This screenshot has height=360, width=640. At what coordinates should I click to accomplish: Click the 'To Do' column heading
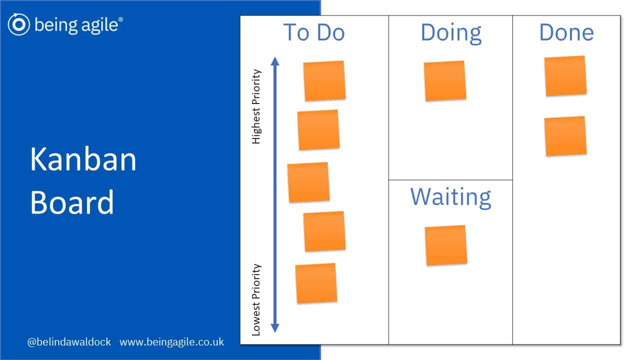tap(314, 32)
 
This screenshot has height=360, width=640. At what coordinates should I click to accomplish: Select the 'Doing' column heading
tap(451, 33)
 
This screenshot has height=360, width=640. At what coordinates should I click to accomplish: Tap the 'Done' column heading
tap(566, 32)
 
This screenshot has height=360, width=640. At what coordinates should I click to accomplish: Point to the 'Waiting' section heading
tap(450, 197)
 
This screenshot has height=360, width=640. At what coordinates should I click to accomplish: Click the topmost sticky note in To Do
tap(324, 80)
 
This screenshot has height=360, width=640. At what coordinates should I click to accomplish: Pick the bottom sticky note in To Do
tap(316, 283)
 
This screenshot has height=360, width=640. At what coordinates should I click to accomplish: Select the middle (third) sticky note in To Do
tap(308, 182)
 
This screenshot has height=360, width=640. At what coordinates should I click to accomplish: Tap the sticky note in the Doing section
tap(445, 80)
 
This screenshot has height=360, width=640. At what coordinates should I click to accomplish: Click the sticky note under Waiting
tap(446, 245)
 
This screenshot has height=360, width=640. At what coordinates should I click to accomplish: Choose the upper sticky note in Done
tap(565, 76)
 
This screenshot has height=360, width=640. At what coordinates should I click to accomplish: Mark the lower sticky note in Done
tap(565, 136)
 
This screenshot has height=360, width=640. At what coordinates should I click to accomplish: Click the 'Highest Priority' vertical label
tap(256, 106)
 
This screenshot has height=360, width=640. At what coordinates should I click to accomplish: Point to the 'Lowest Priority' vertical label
tap(256, 299)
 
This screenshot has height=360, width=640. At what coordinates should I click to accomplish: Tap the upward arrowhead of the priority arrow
tap(275, 61)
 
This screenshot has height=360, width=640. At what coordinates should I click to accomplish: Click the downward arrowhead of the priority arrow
tap(275, 328)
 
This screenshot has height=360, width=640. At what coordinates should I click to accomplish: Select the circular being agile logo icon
tap(19, 24)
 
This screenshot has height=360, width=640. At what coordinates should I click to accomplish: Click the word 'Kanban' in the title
tap(83, 159)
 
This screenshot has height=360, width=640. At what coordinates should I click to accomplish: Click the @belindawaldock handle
tap(69, 342)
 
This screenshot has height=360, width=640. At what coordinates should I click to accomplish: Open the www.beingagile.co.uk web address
tap(171, 342)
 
